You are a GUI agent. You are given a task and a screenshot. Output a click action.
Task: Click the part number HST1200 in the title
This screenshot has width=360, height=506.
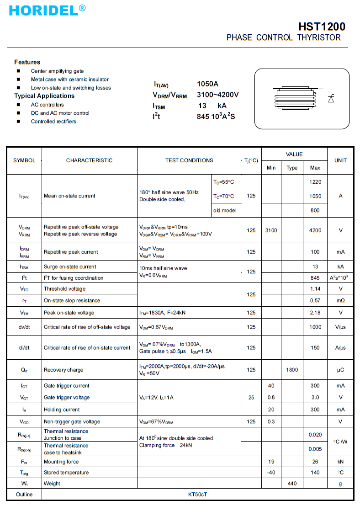322,27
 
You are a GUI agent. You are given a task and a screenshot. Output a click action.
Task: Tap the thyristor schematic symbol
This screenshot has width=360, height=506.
331,98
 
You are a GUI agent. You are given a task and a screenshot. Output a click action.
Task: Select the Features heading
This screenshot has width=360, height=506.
27,62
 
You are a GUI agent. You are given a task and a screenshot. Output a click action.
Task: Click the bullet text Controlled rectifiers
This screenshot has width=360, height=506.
53,122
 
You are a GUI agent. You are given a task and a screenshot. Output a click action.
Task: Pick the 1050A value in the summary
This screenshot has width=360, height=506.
208,84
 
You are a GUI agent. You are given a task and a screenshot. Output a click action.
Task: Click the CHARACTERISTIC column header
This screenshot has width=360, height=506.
89,160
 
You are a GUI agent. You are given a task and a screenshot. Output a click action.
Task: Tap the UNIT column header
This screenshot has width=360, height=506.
340,160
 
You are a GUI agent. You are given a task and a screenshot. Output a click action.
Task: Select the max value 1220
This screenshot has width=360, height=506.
315,182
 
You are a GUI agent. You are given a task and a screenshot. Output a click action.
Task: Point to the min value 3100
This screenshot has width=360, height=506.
271,230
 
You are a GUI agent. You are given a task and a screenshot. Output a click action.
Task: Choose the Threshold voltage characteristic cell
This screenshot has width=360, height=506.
64,289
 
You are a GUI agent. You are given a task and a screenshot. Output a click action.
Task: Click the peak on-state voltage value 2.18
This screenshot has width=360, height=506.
315,313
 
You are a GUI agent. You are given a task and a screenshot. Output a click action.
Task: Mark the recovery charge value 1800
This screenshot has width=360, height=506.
292,370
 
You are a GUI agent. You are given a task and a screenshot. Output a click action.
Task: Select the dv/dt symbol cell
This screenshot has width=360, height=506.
24,327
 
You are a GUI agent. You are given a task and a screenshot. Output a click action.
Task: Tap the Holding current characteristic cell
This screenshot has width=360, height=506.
62,410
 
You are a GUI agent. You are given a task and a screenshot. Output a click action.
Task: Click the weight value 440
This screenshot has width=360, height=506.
292,483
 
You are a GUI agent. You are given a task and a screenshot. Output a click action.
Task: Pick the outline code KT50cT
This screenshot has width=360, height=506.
197,495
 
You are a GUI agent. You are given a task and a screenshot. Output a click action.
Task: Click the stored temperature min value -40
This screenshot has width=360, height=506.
271,472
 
